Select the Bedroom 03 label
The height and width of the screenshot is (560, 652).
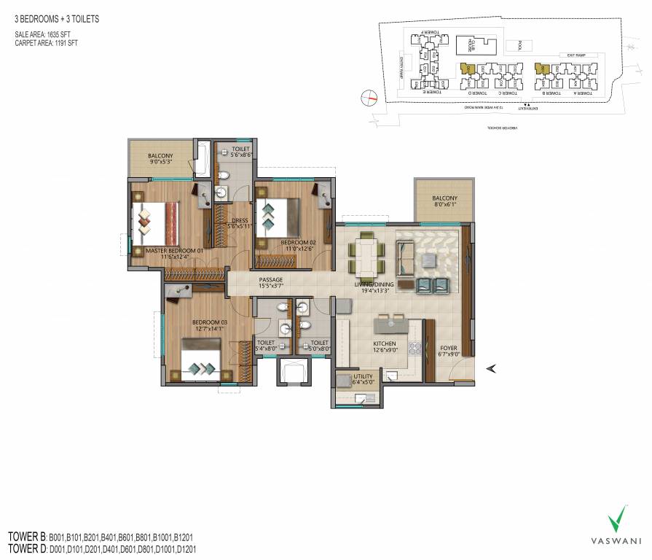(x=210, y=322)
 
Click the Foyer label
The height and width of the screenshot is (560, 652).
(x=449, y=349)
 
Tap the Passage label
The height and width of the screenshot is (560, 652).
(x=270, y=279)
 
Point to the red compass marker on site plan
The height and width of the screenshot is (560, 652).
(x=372, y=97)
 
